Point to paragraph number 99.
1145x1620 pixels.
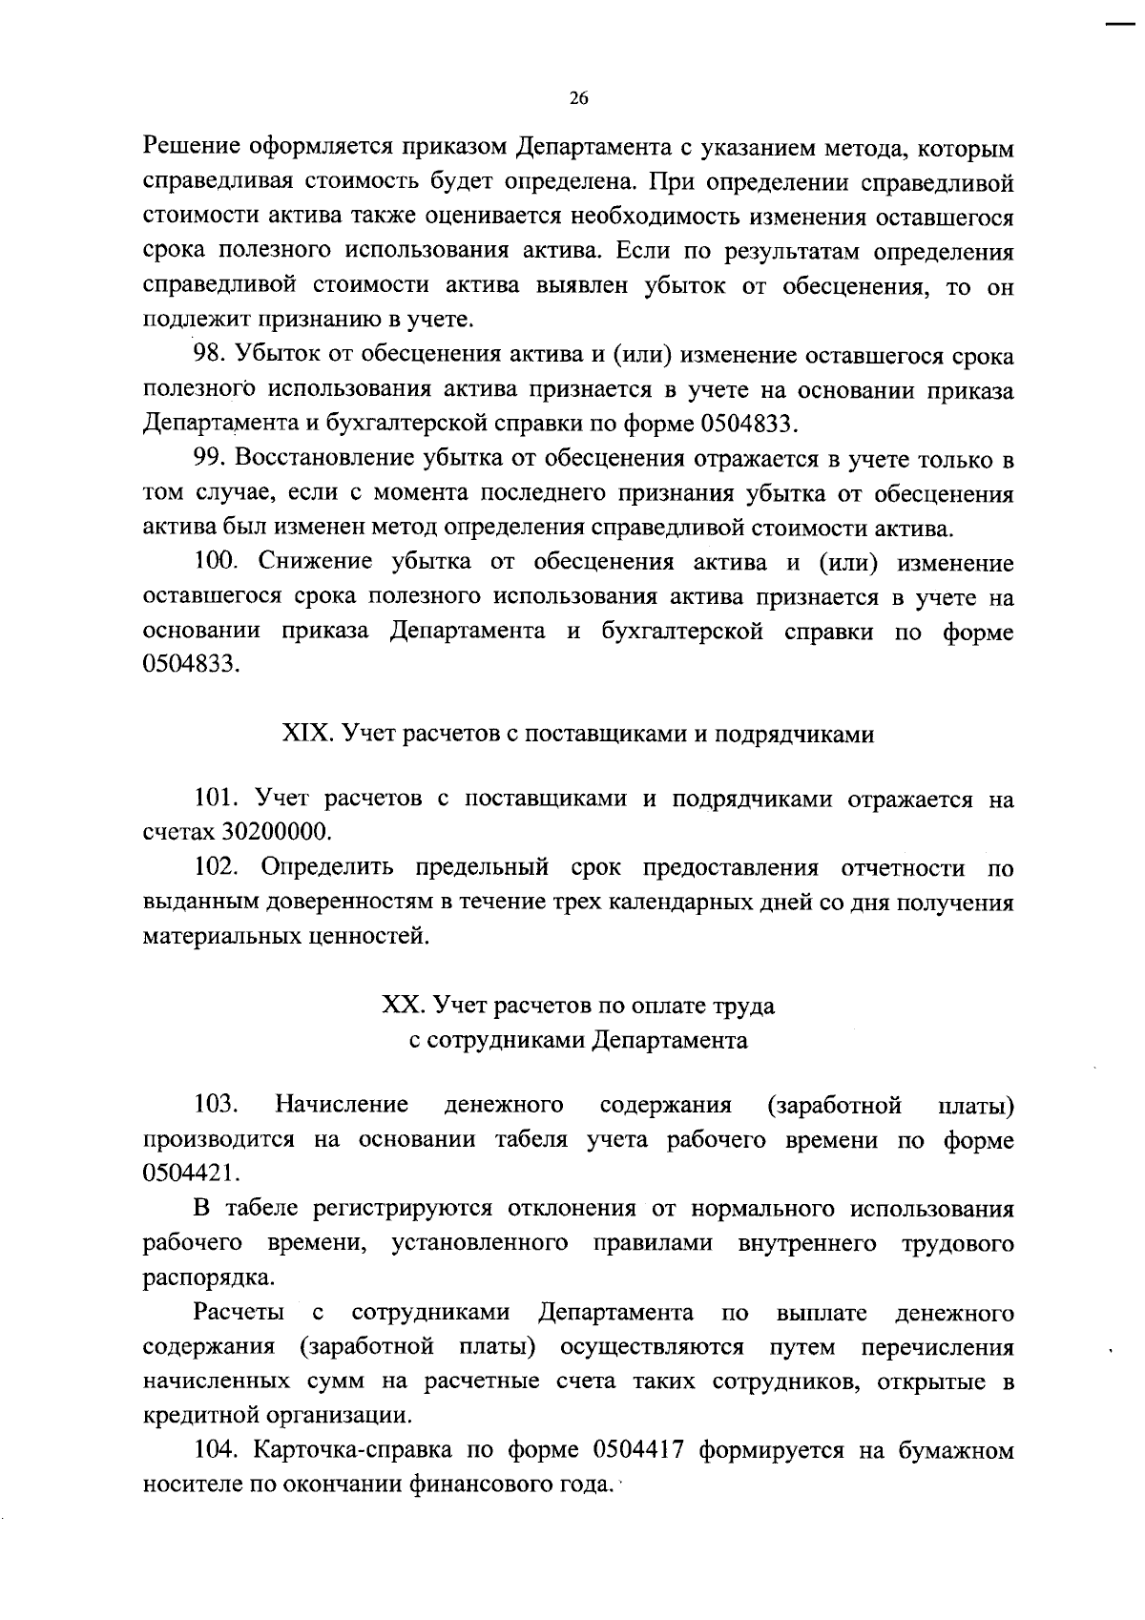click(x=211, y=458)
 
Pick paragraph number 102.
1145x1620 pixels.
click(x=217, y=867)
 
